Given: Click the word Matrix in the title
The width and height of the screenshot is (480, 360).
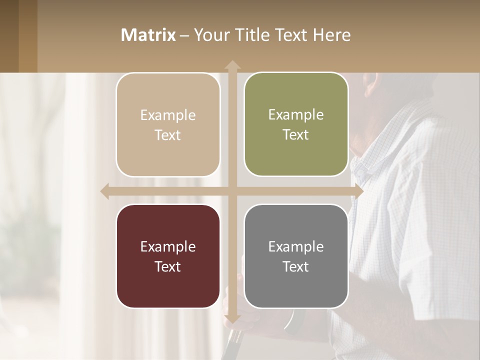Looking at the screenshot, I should [148, 35].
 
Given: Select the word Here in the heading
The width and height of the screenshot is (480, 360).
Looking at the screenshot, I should [332, 35].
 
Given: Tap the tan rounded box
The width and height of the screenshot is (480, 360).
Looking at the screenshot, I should [168, 125].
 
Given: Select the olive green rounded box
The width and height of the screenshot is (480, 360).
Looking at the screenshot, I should [296, 124].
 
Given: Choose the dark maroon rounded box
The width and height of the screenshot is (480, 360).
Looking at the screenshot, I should [168, 256].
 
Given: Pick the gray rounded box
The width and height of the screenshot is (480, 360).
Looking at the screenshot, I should [296, 256].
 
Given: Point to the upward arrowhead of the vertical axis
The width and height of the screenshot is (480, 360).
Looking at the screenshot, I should [232, 65].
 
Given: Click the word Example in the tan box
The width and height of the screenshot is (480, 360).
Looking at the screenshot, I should [168, 115].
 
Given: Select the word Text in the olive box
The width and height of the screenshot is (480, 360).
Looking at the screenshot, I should [296, 135].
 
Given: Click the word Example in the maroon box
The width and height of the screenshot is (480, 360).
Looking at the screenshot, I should [168, 247].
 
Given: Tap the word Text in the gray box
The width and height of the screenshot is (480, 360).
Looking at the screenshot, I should [296, 267].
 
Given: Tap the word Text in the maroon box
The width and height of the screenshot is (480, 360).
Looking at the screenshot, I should [168, 267].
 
